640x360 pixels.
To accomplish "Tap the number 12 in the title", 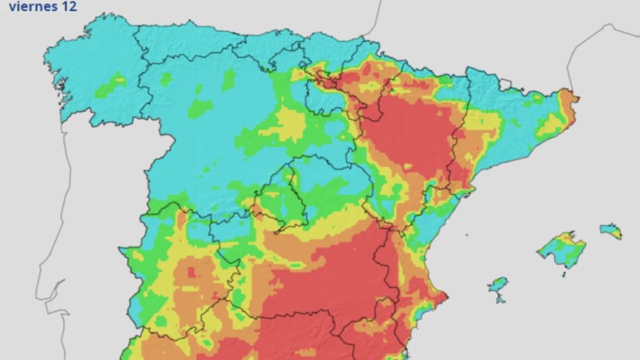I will tap(70, 7).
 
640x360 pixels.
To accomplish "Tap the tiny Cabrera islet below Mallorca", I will tap(564, 274).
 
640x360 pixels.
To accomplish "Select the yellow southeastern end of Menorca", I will tap(617, 234).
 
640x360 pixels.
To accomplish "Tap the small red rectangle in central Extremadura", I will tap(191, 272).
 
